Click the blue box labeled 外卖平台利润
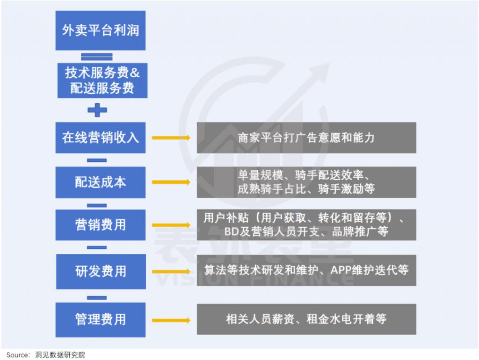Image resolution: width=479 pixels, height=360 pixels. click(x=100, y=30)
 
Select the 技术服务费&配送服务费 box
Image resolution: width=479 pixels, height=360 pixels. click(x=102, y=80)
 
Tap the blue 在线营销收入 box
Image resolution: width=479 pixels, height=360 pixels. click(x=100, y=137)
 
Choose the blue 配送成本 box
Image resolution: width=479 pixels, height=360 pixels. click(x=100, y=182)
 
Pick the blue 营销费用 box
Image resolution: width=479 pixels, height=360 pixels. click(x=100, y=224)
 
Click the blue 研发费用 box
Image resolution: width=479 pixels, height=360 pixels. click(x=100, y=271)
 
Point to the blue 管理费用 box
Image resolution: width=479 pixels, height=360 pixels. click(x=100, y=319)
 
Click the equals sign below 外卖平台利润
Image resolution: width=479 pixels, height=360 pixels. click(x=97, y=57)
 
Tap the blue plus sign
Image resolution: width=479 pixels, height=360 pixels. click(x=97, y=110)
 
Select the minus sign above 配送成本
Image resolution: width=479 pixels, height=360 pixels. click(x=97, y=160)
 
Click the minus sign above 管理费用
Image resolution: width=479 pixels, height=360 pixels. click(x=97, y=297)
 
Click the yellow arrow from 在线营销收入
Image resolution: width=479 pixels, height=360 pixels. click(x=171, y=138)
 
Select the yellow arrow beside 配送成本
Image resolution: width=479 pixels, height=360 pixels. click(x=171, y=182)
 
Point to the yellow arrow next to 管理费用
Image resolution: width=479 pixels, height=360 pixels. click(x=171, y=320)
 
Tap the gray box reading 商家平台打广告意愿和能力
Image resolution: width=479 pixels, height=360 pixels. click(x=306, y=138)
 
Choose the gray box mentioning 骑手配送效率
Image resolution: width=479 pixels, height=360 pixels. click(x=306, y=182)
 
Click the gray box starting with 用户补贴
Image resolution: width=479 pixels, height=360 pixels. click(x=306, y=224)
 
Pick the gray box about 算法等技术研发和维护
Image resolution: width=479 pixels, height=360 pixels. click(x=306, y=270)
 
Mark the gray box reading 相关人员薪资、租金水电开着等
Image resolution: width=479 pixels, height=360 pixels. click(x=306, y=319)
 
